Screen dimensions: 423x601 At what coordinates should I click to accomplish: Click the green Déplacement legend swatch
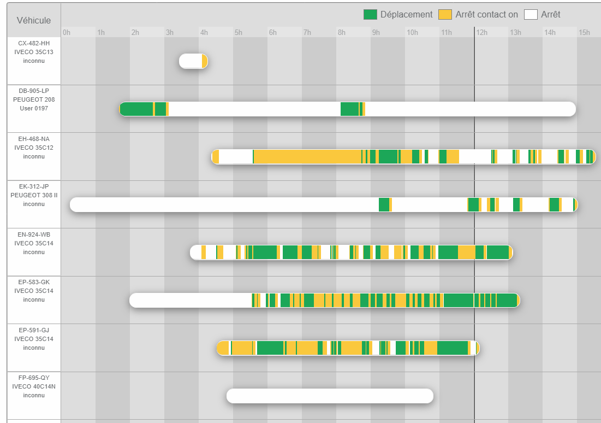pos(370,15)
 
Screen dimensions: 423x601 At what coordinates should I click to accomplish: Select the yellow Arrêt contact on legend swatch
pos(445,15)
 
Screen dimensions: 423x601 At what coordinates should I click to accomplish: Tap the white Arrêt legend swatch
pos(531,15)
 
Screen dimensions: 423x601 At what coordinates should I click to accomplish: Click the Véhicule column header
pos(34,20)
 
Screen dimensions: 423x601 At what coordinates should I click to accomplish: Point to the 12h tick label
pos(481,33)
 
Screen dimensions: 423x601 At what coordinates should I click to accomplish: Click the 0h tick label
pos(67,33)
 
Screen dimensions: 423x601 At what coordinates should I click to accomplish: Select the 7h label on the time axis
pos(307,33)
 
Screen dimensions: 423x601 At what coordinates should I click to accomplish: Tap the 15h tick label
pos(585,33)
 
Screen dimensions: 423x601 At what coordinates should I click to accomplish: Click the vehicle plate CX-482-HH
pos(34,43)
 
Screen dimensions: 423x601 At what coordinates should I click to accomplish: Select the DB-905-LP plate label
pos(34,90)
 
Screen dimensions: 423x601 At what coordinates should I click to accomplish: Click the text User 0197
pos(34,108)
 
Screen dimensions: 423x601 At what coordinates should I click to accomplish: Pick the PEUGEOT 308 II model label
pos(34,195)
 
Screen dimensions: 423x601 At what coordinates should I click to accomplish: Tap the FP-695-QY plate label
pos(34,378)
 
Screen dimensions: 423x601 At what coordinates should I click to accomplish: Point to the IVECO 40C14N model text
pos(34,386)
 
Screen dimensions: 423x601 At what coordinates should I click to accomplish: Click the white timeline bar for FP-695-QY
pos(330,396)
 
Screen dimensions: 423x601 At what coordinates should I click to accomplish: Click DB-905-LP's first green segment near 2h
pos(136,109)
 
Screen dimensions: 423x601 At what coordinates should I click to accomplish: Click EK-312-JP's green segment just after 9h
pos(384,204)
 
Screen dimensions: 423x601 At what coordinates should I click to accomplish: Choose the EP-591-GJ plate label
pos(34,330)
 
